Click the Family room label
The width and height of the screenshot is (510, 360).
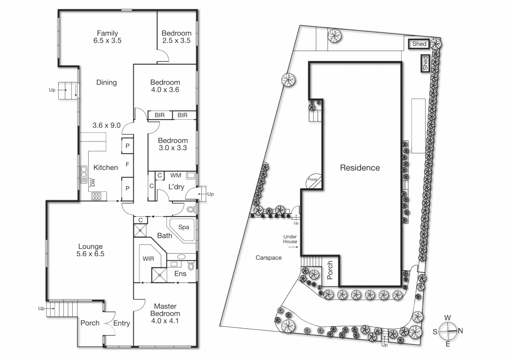[107, 33]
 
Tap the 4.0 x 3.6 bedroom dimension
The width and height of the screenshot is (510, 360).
[165, 90]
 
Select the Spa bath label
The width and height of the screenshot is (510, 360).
[183, 227]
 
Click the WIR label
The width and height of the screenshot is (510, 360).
[148, 259]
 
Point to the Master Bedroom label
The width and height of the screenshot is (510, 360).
[165, 310]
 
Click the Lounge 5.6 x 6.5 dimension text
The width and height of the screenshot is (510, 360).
[90, 254]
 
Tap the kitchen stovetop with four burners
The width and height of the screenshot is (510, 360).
[96, 196]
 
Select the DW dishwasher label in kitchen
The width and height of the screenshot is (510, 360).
[93, 182]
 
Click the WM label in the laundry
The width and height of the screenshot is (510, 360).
[175, 175]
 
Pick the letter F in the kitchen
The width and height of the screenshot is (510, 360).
[127, 164]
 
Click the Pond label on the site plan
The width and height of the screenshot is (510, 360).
[313, 179]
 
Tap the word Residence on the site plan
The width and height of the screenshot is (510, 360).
[360, 168]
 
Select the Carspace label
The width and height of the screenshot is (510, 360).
[269, 258]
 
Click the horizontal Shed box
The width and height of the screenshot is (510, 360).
[419, 44]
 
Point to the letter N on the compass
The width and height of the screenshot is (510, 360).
[460, 331]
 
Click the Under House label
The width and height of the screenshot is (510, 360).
[290, 239]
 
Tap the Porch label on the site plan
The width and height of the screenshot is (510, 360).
[330, 270]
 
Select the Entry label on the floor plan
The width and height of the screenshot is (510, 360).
[121, 323]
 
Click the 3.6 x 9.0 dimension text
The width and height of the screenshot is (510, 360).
[106, 125]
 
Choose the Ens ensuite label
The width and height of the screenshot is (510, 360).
[180, 274]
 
